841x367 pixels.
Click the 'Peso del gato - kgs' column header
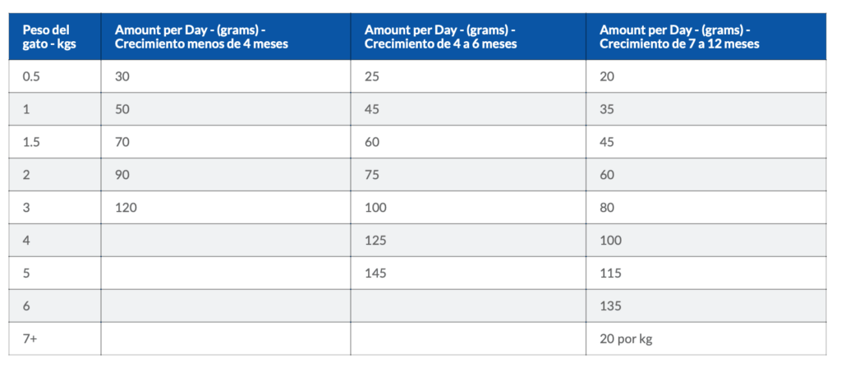tap(49, 36)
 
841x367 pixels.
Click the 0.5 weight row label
tap(31, 76)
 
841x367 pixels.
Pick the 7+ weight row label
tap(30, 339)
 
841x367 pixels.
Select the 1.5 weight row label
tap(31, 142)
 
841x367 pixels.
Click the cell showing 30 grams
tap(122, 76)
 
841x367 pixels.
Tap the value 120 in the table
tap(126, 208)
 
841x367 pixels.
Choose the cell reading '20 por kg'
tap(626, 339)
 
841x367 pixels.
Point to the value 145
tap(375, 273)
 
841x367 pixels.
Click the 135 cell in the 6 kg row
tap(610, 306)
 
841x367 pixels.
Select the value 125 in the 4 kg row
tap(375, 241)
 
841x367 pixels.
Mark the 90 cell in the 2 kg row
tap(122, 175)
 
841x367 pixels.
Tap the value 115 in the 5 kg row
tap(610, 273)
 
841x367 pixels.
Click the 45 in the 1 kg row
tap(372, 109)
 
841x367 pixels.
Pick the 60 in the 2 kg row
tap(607, 175)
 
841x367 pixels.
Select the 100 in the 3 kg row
tap(375, 208)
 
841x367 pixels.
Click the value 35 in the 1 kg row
tap(607, 109)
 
